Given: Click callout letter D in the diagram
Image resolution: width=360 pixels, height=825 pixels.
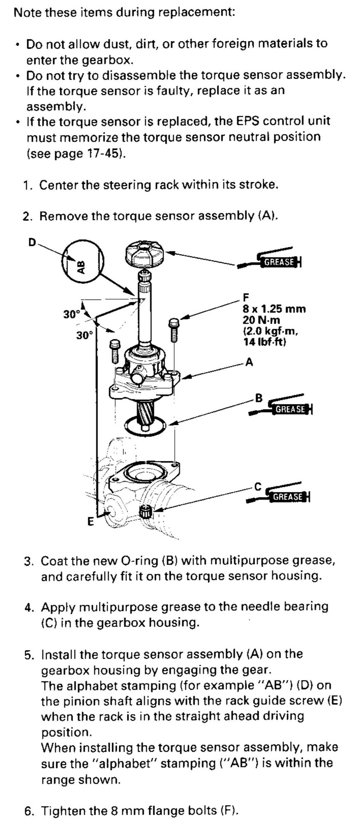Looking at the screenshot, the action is point(32,242).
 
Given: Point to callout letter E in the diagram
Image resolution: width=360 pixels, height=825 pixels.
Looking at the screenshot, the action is point(90,522).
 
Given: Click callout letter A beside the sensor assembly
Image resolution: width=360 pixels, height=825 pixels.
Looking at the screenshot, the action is point(249,363).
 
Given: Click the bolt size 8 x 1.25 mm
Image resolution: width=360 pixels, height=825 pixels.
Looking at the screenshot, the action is point(274,309).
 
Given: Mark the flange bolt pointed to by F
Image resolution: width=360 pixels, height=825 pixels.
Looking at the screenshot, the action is point(173,330).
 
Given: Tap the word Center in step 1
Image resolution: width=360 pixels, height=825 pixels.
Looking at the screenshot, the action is point(59,184).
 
